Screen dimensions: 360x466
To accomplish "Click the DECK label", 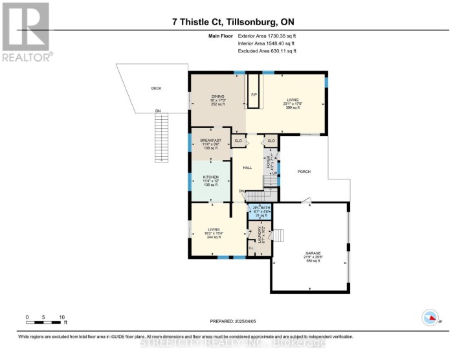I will tap(156, 88).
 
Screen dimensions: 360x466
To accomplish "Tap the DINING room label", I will tap(217, 96).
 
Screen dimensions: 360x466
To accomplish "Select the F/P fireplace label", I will tap(254, 95).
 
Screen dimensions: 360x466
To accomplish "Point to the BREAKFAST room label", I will tap(211, 140).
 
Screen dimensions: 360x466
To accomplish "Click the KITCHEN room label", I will tap(211, 177).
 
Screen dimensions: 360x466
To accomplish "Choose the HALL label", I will tap(247, 168).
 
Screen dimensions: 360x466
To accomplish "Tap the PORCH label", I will tap(304, 172).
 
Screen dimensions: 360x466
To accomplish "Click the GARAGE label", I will tap(312, 253).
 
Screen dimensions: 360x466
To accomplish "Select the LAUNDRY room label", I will tap(259, 232).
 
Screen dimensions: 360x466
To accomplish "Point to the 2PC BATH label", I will tap(261, 207).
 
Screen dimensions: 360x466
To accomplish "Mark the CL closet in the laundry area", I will tap(251, 247).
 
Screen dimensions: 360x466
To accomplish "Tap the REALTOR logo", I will tap(26, 32).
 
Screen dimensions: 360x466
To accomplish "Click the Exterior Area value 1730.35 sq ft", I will tap(283, 36).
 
